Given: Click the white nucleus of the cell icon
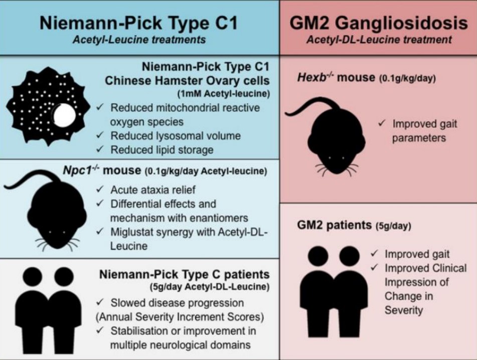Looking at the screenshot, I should point(65,116).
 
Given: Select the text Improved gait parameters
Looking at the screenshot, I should point(419,130).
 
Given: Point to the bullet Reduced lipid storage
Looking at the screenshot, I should point(162,149).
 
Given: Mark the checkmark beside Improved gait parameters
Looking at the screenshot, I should point(383,123).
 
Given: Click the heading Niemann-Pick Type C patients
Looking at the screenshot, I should point(184,275).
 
